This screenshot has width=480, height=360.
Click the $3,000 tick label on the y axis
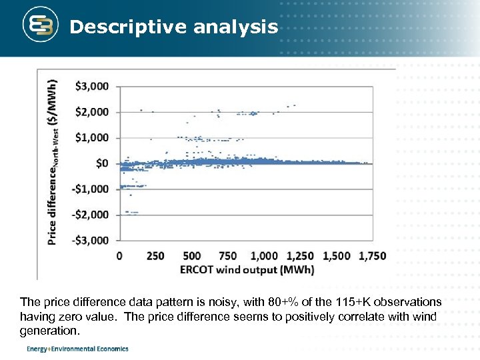coord(93,87)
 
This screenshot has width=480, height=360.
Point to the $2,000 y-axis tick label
coord(93,112)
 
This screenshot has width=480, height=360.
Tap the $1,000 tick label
coord(93,138)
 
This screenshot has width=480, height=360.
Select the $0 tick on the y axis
coord(102,163)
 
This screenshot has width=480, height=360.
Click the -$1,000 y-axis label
coord(91,189)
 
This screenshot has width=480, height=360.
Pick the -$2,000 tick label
coord(91,215)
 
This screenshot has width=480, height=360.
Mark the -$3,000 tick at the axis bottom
coord(91,240)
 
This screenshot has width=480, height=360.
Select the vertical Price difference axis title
coord(53,163)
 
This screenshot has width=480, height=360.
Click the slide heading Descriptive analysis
coord(173,27)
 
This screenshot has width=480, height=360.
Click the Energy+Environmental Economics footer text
coord(77,349)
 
